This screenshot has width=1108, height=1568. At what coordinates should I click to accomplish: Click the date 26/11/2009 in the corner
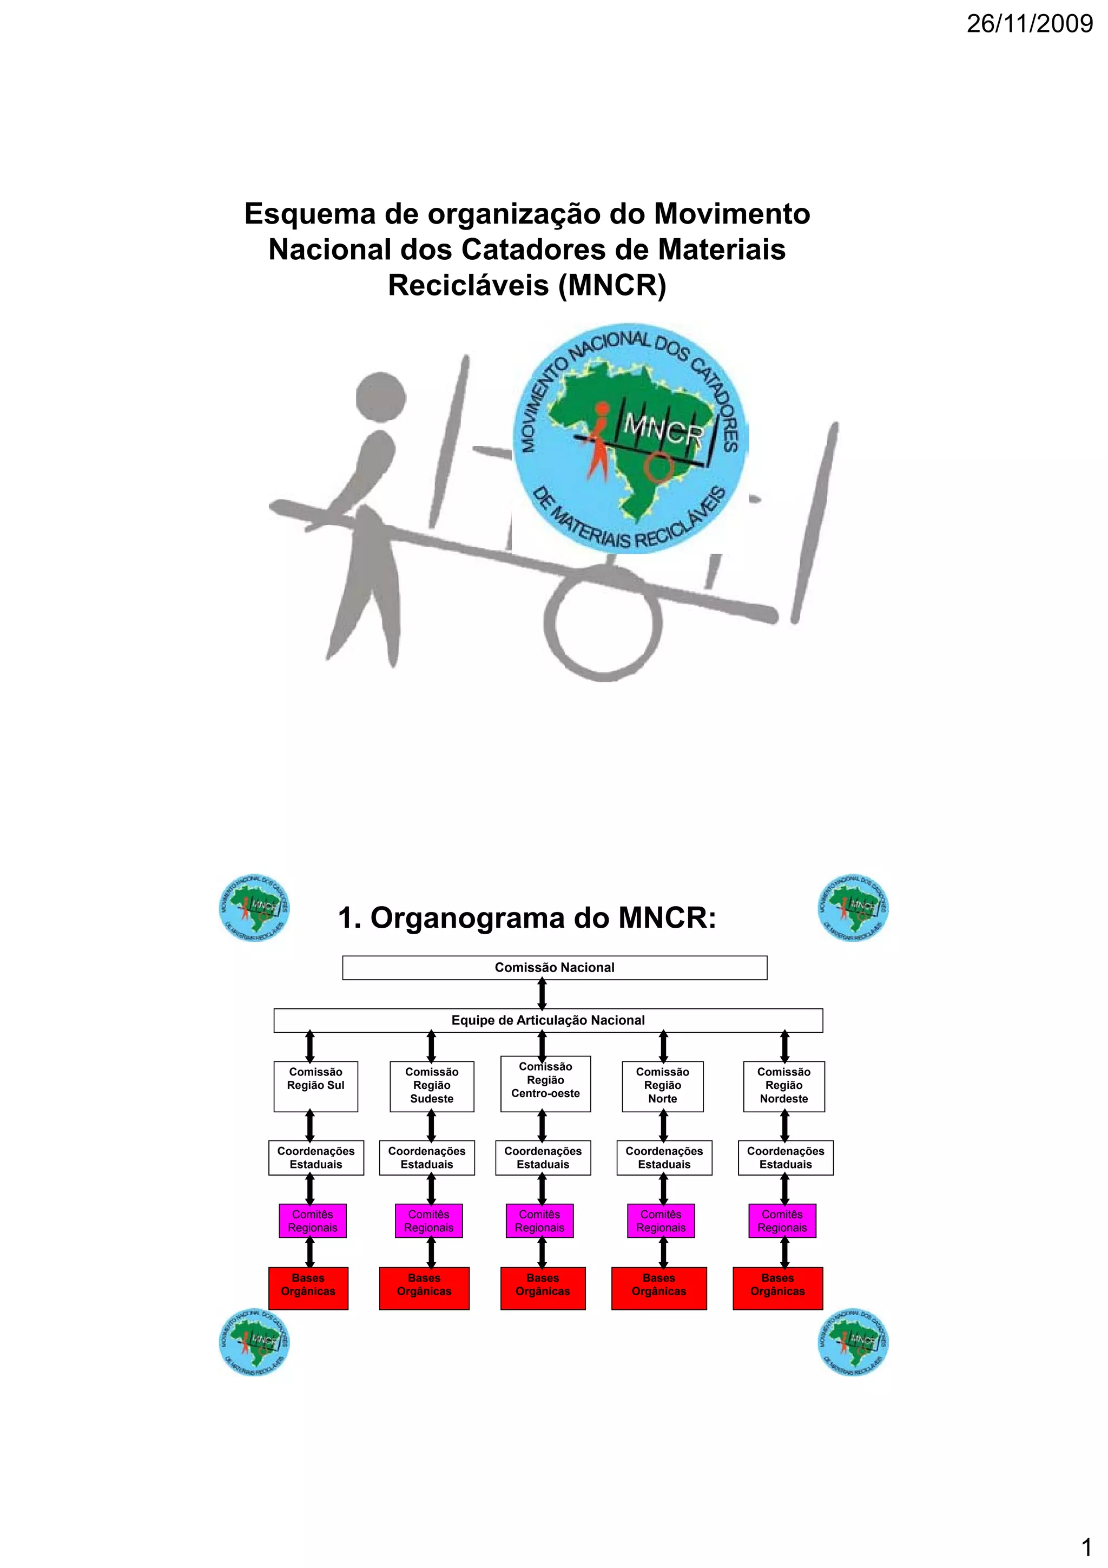point(1030,24)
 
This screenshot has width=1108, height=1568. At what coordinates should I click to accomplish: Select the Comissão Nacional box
point(555,968)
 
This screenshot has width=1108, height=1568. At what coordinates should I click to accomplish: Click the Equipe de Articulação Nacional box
point(548,1020)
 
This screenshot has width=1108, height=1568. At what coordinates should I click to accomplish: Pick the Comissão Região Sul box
point(315,1086)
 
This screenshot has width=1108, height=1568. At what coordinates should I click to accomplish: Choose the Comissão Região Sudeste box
point(431,1086)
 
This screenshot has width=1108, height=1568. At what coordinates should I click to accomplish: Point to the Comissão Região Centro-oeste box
point(545,1084)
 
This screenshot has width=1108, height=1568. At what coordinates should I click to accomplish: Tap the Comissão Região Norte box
point(662,1086)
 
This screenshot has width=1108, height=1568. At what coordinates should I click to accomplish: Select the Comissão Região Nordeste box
point(784,1086)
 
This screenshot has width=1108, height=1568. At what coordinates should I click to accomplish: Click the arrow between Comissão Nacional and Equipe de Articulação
point(542,994)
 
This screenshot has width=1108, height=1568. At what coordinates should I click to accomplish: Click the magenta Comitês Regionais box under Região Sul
point(313,1221)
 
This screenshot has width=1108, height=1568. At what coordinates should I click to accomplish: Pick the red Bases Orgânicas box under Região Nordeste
point(777,1288)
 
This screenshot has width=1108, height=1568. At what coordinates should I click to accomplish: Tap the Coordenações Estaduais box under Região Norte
point(664,1158)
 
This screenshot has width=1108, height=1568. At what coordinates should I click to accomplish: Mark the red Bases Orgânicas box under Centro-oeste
point(543,1288)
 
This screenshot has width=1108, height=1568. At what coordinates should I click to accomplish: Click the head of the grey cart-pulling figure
point(381,398)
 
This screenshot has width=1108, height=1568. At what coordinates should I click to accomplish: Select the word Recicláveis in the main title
point(469,285)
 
